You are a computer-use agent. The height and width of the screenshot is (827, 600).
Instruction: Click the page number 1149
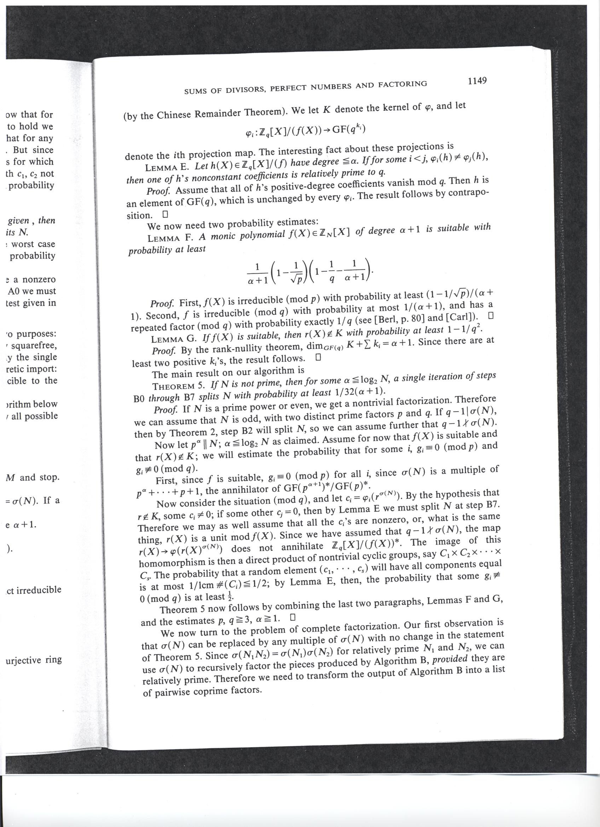tap(477, 81)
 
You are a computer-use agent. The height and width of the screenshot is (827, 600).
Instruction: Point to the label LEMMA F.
tap(170, 238)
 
